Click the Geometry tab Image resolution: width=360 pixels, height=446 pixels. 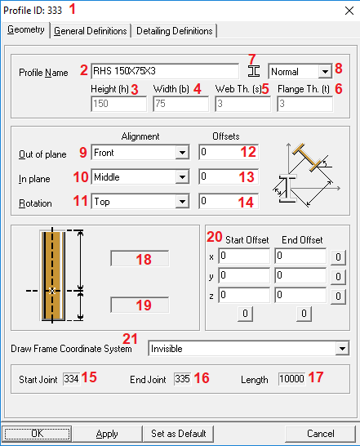tap(26, 30)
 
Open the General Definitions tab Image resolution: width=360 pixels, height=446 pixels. tap(91, 31)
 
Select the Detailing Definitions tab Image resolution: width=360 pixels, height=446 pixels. tap(175, 31)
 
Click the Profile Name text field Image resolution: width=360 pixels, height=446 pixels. tap(165, 71)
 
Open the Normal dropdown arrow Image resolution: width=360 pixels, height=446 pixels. tap(325, 71)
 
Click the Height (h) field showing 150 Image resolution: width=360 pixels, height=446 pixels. tap(119, 104)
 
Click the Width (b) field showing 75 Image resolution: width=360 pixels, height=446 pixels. tap(181, 104)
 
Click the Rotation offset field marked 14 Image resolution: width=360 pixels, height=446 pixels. tap(229, 202)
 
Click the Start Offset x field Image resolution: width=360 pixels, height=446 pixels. tap(244, 256)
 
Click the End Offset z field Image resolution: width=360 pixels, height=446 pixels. tap(300, 295)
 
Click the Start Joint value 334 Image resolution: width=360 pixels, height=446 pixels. tap(71, 379)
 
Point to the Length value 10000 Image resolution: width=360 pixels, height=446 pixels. tap(291, 379)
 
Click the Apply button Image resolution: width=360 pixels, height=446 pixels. tap(107, 434)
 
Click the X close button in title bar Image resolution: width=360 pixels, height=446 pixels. tap(349, 11)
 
